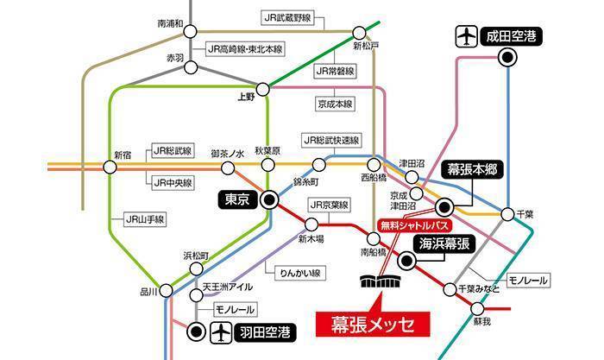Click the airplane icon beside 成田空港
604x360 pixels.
coord(466,36)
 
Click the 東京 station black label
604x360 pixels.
coord(236,199)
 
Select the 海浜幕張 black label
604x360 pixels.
coord(442,244)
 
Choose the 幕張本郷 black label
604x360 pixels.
coord(475,169)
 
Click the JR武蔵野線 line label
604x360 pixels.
coord(286,17)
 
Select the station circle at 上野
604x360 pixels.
coord(268,87)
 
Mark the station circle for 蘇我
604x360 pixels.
coord(481,307)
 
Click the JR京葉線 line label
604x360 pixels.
coord(330,205)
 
